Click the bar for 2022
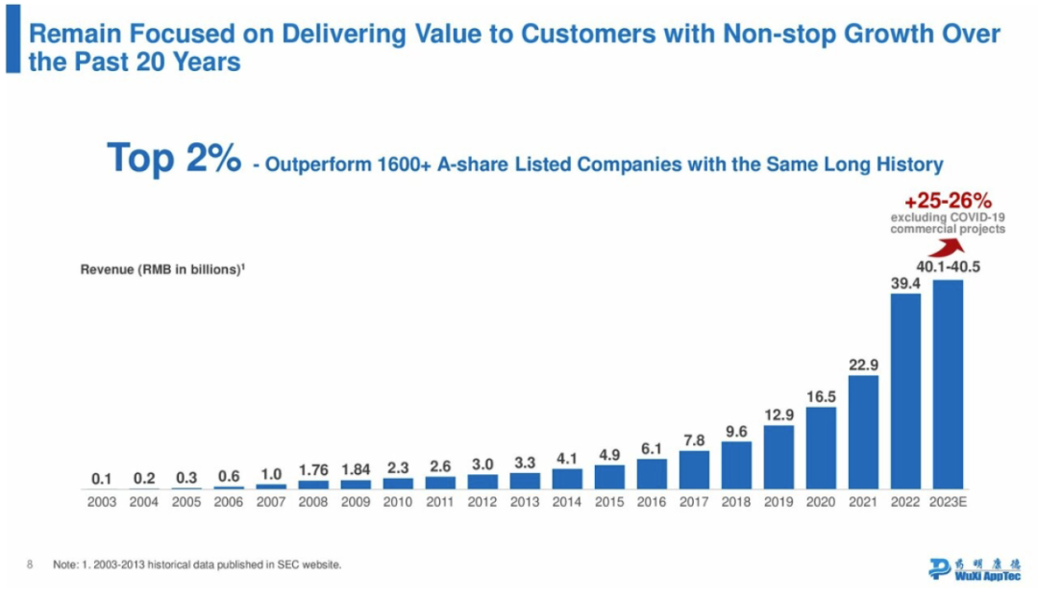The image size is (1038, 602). point(905,391)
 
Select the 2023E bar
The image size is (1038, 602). point(948,385)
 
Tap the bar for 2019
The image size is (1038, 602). point(778,458)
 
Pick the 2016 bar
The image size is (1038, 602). point(652,474)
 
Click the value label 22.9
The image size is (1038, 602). point(863,364)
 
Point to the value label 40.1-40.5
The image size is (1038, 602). point(947,267)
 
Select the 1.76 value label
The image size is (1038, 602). point(313,470)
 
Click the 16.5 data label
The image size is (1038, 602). point(821,395)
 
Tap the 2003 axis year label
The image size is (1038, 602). point(102,502)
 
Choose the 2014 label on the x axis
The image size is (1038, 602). point(567,502)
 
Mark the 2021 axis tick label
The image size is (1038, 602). point(863,502)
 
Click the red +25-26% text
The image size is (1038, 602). point(948,202)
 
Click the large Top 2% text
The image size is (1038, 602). point(173,158)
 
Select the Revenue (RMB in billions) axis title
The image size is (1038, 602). point(161,270)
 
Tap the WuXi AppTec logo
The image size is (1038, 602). point(976,567)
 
